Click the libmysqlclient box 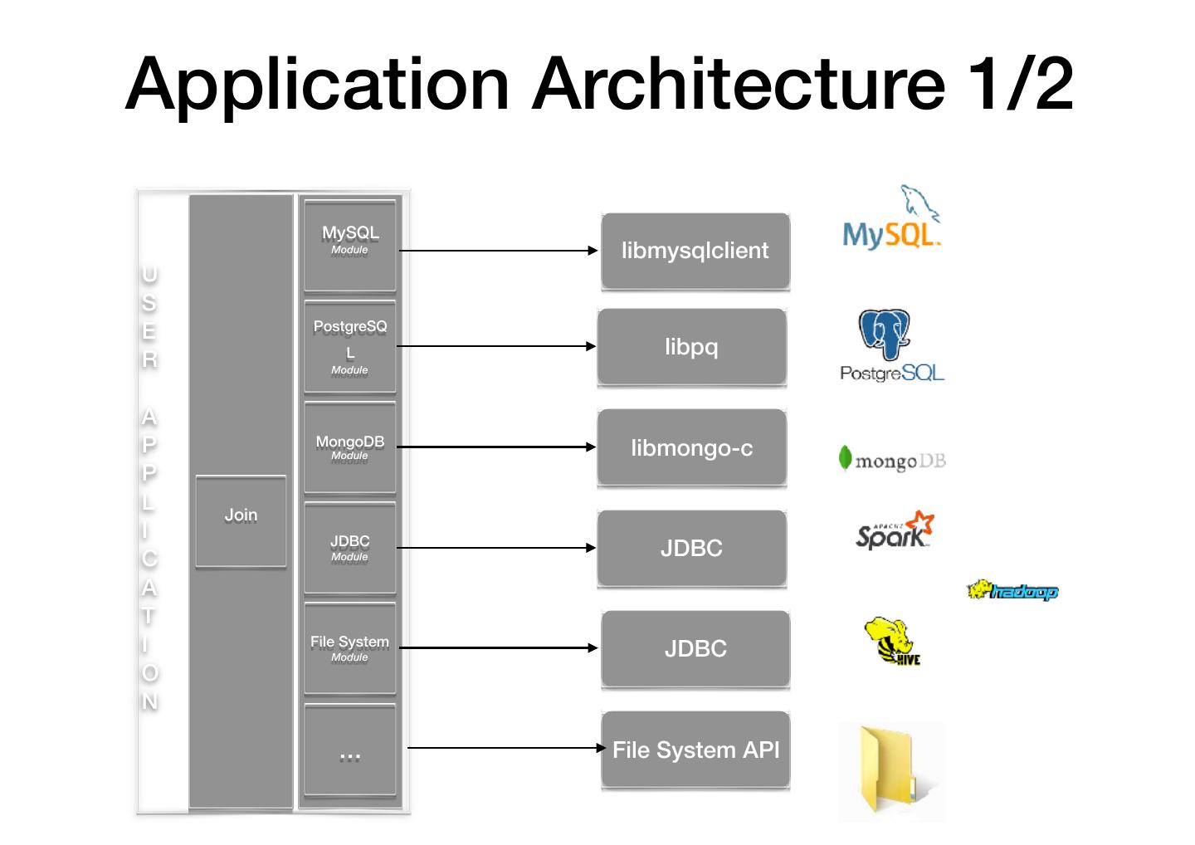tap(695, 251)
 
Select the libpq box tap(691, 346)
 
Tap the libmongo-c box tap(691, 447)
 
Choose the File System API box tap(695, 750)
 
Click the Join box tap(241, 520)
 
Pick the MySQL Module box tap(349, 245)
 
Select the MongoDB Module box tap(349, 447)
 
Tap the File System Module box tap(349, 648)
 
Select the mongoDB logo tap(892, 459)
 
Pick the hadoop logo tap(1012, 591)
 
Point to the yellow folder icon tap(891, 770)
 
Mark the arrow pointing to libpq tap(496, 346)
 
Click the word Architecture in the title tap(739, 85)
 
